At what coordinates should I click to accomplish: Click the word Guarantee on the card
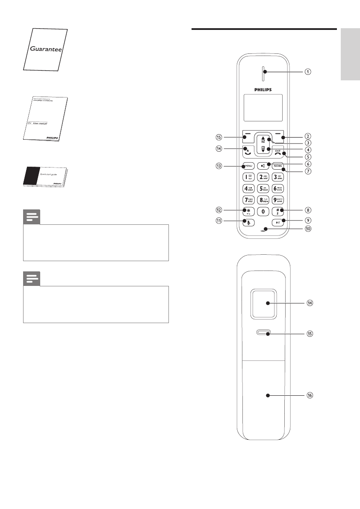(x=46, y=49)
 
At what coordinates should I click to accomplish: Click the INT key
(x=279, y=222)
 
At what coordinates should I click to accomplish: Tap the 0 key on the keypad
(x=263, y=211)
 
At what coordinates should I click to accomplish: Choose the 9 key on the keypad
(x=279, y=200)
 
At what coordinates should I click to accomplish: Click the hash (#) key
(x=279, y=211)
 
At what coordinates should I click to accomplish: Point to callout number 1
(x=307, y=72)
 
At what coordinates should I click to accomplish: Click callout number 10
(x=307, y=228)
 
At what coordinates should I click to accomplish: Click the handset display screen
(x=263, y=107)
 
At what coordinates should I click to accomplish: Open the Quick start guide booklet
(x=44, y=177)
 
